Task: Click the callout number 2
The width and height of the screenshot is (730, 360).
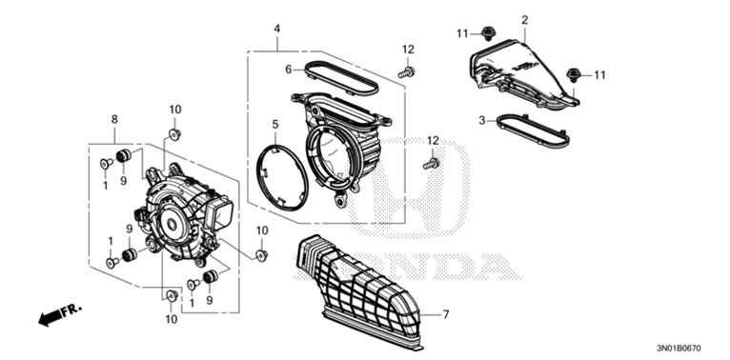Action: [x=524, y=19]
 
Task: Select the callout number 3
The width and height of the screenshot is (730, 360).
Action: [x=483, y=120]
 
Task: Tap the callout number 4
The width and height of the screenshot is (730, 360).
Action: [x=277, y=30]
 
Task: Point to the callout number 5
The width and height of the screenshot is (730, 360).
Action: [x=274, y=124]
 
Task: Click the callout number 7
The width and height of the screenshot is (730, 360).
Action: [x=444, y=313]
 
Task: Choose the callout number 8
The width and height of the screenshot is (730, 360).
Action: [x=114, y=119]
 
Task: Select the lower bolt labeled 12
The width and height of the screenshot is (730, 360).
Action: [x=430, y=164]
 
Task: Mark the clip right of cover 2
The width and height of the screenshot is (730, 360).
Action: [x=574, y=73]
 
